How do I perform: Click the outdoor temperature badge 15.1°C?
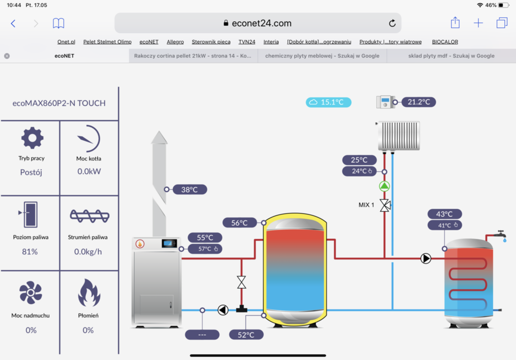click(x=329, y=102)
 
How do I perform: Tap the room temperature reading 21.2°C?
click(x=418, y=102)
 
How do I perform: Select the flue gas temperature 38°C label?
click(x=189, y=189)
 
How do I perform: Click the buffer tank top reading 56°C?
click(x=239, y=223)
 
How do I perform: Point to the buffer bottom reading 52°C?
click(x=246, y=335)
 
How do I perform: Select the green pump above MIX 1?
click(x=384, y=186)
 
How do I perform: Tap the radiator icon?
click(x=398, y=136)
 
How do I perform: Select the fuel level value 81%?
click(x=30, y=252)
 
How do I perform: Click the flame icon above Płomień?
click(x=89, y=293)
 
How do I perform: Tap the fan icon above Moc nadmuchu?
click(x=30, y=293)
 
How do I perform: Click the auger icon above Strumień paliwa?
click(x=89, y=215)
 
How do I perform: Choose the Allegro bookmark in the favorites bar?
click(x=175, y=42)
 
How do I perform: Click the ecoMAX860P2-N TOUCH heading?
click(x=59, y=103)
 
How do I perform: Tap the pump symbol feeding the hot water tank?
click(x=426, y=258)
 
